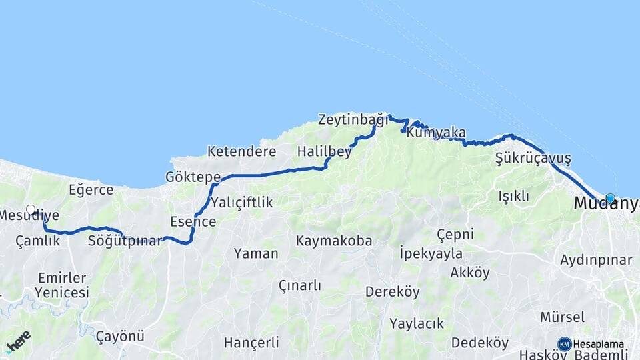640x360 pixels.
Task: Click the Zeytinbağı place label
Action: coord(352,121)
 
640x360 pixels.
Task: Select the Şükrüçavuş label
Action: coord(533,159)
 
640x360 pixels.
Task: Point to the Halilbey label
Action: coord(324,151)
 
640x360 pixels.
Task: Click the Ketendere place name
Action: coord(241,151)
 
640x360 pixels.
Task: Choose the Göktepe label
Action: coord(193,177)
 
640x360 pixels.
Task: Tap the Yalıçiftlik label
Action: coord(241,202)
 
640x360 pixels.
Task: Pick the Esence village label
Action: coord(193,221)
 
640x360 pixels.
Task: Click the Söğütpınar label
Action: coord(125,241)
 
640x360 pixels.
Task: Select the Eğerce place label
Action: coord(91,190)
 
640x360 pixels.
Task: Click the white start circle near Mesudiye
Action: coord(31,209)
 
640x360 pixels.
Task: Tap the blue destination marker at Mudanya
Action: coord(610,198)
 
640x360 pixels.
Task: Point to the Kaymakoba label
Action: coord(334,241)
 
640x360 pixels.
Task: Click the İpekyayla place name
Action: coord(430,253)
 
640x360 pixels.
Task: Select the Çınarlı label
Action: coord(299,285)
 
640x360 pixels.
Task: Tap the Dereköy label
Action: coord(392,291)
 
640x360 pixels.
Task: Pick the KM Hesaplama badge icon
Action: coord(565,344)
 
